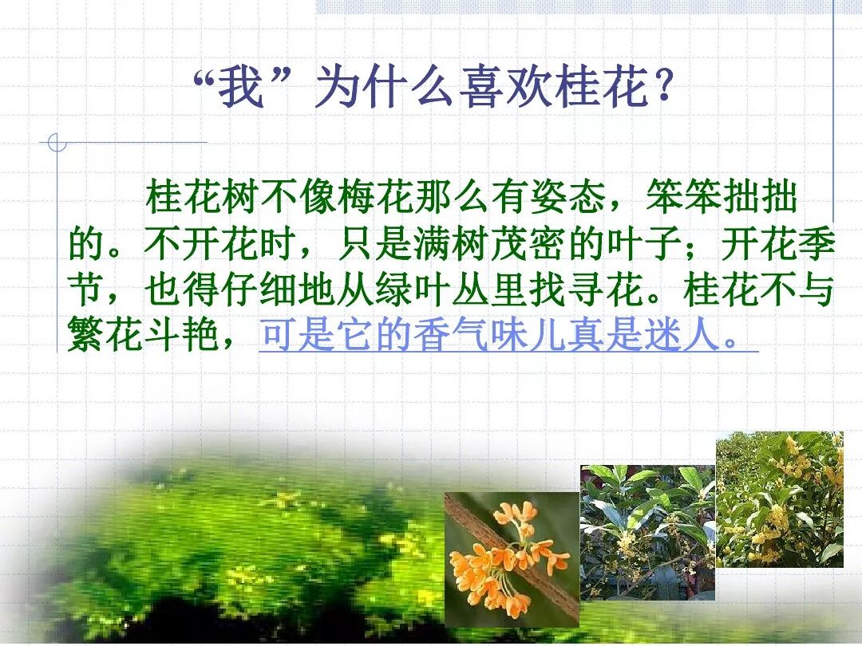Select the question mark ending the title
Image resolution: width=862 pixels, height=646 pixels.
663,87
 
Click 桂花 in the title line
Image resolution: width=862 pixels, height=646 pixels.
602,87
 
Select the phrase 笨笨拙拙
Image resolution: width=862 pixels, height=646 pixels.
722,197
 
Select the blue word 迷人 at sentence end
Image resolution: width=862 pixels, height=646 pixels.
682,335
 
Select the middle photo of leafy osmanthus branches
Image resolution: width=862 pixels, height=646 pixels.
647,533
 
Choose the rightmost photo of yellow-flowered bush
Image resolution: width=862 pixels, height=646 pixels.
780,499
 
